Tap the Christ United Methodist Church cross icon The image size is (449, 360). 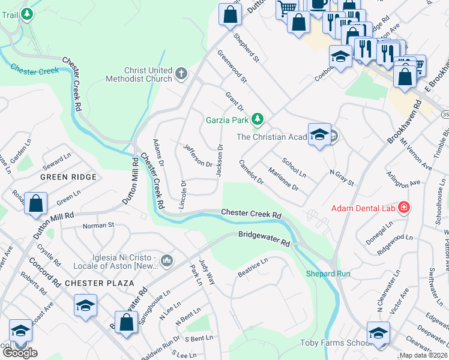coord(181,74)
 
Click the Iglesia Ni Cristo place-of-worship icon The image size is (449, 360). coord(167,260)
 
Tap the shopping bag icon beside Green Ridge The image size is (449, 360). coord(36,203)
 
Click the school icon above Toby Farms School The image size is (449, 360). coord(378,332)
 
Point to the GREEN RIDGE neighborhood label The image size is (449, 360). coord(68,177)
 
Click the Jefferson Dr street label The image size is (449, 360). coord(197,155)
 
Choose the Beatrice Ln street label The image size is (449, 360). coord(253,267)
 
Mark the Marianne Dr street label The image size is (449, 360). coord(283,179)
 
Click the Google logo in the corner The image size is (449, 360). coord(20,352)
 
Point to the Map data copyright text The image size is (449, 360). coord(423,355)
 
